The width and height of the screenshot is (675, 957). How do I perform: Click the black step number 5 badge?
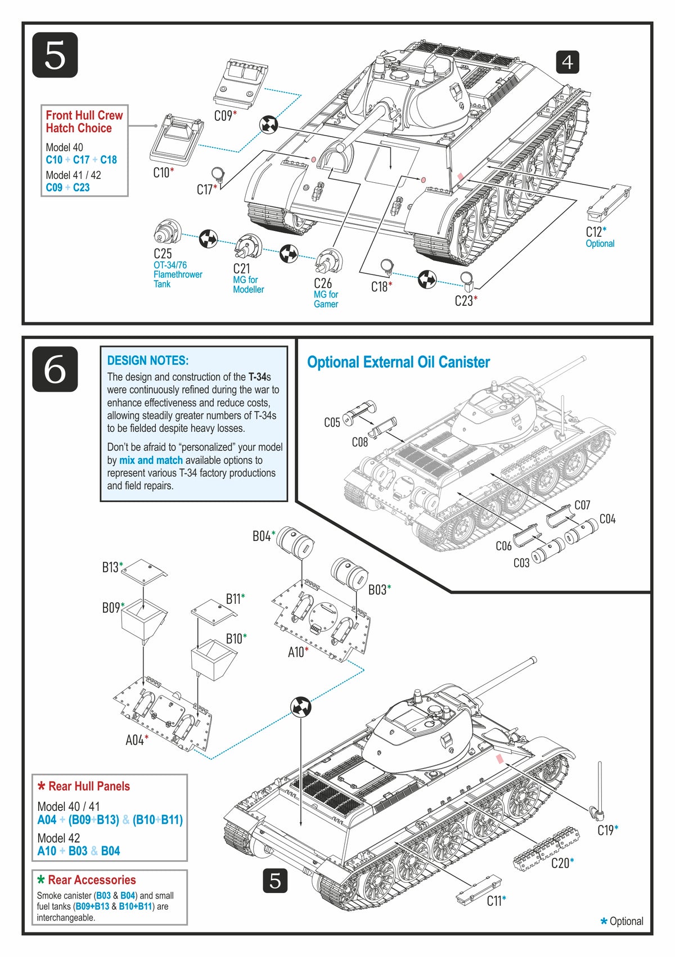[x=55, y=55]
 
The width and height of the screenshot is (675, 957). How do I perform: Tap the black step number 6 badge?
[x=55, y=369]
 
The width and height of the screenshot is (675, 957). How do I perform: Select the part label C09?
[x=226, y=115]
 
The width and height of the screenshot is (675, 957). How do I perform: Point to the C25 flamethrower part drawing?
[x=167, y=232]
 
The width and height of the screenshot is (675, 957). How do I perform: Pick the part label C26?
[x=323, y=283]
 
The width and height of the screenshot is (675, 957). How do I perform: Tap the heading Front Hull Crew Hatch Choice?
[x=84, y=121]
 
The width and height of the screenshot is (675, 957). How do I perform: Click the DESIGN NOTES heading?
[x=147, y=360]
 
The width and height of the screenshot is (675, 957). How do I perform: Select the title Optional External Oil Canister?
[x=398, y=362]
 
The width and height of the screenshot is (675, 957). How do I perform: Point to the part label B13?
[x=112, y=567]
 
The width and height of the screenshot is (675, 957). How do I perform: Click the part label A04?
[x=137, y=739]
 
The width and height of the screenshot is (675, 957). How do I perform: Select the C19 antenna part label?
[x=607, y=830]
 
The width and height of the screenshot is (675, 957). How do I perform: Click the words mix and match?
[x=151, y=460]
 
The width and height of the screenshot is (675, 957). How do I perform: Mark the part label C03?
[x=521, y=563]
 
